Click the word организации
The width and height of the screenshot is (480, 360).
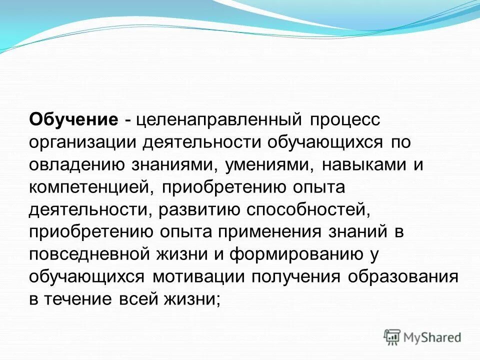click(x=82, y=142)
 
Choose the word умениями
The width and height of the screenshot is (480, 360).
click(x=267, y=164)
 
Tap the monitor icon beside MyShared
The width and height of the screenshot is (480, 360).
click(x=392, y=336)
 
